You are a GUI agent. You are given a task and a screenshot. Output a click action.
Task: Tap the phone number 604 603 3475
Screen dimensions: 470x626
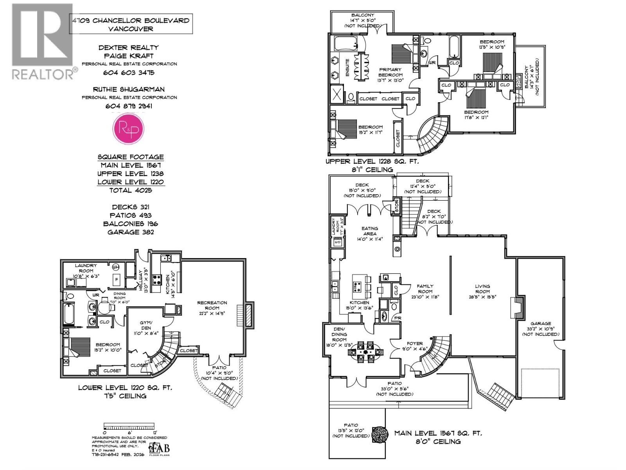point(129,72)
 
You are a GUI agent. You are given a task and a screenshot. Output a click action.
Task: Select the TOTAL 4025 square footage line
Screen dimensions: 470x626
point(131,190)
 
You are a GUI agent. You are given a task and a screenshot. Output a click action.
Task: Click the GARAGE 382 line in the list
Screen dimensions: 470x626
point(131,232)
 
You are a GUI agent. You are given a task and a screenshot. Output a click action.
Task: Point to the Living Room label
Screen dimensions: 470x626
point(482,289)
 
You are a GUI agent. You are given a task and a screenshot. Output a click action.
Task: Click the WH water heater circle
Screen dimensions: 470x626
point(115,267)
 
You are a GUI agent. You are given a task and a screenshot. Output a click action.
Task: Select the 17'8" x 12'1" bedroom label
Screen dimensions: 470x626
point(476,114)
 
